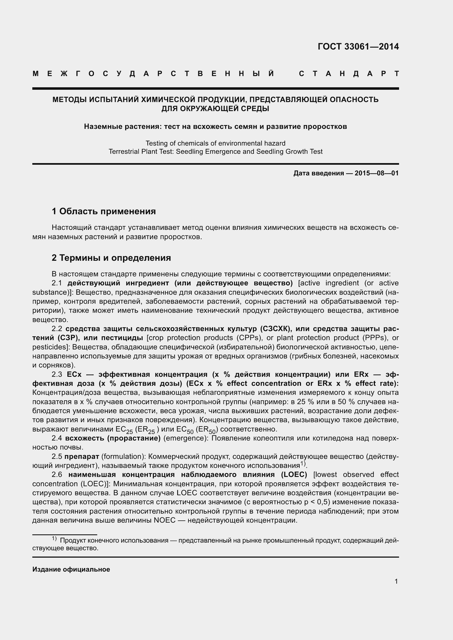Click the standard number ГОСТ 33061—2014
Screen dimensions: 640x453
[358, 47]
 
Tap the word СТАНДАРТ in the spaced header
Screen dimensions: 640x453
[349, 74]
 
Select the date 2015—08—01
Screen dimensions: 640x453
[377, 173]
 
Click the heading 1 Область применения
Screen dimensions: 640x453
[104, 211]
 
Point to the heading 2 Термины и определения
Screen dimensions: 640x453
[111, 258]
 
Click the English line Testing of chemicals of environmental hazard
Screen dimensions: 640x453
[215, 143]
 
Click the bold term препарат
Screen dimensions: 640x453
[82, 457]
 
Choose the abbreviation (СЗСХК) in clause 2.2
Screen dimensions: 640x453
[276, 329]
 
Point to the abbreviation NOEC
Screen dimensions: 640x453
[165, 520]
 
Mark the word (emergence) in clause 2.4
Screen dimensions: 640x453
[186, 438]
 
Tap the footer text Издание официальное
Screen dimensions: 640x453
[71, 569]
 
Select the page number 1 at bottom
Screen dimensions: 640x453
[396, 581]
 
